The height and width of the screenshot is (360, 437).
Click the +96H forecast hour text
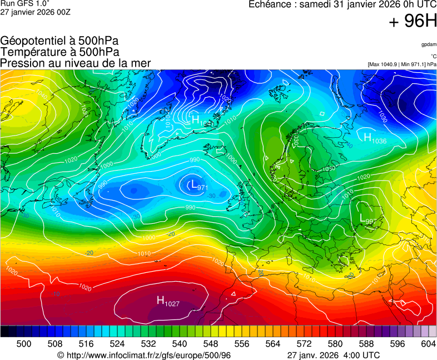tap(413, 22)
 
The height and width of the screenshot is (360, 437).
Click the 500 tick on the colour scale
tap(23, 344)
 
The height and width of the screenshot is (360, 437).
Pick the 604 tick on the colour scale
tap(428, 344)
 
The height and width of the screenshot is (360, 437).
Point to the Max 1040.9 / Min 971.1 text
tap(402, 64)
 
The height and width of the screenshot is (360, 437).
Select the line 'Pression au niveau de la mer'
tap(76, 63)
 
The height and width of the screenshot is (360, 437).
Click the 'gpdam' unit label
tap(428, 44)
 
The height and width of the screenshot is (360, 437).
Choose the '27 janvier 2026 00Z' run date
tap(35, 12)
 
